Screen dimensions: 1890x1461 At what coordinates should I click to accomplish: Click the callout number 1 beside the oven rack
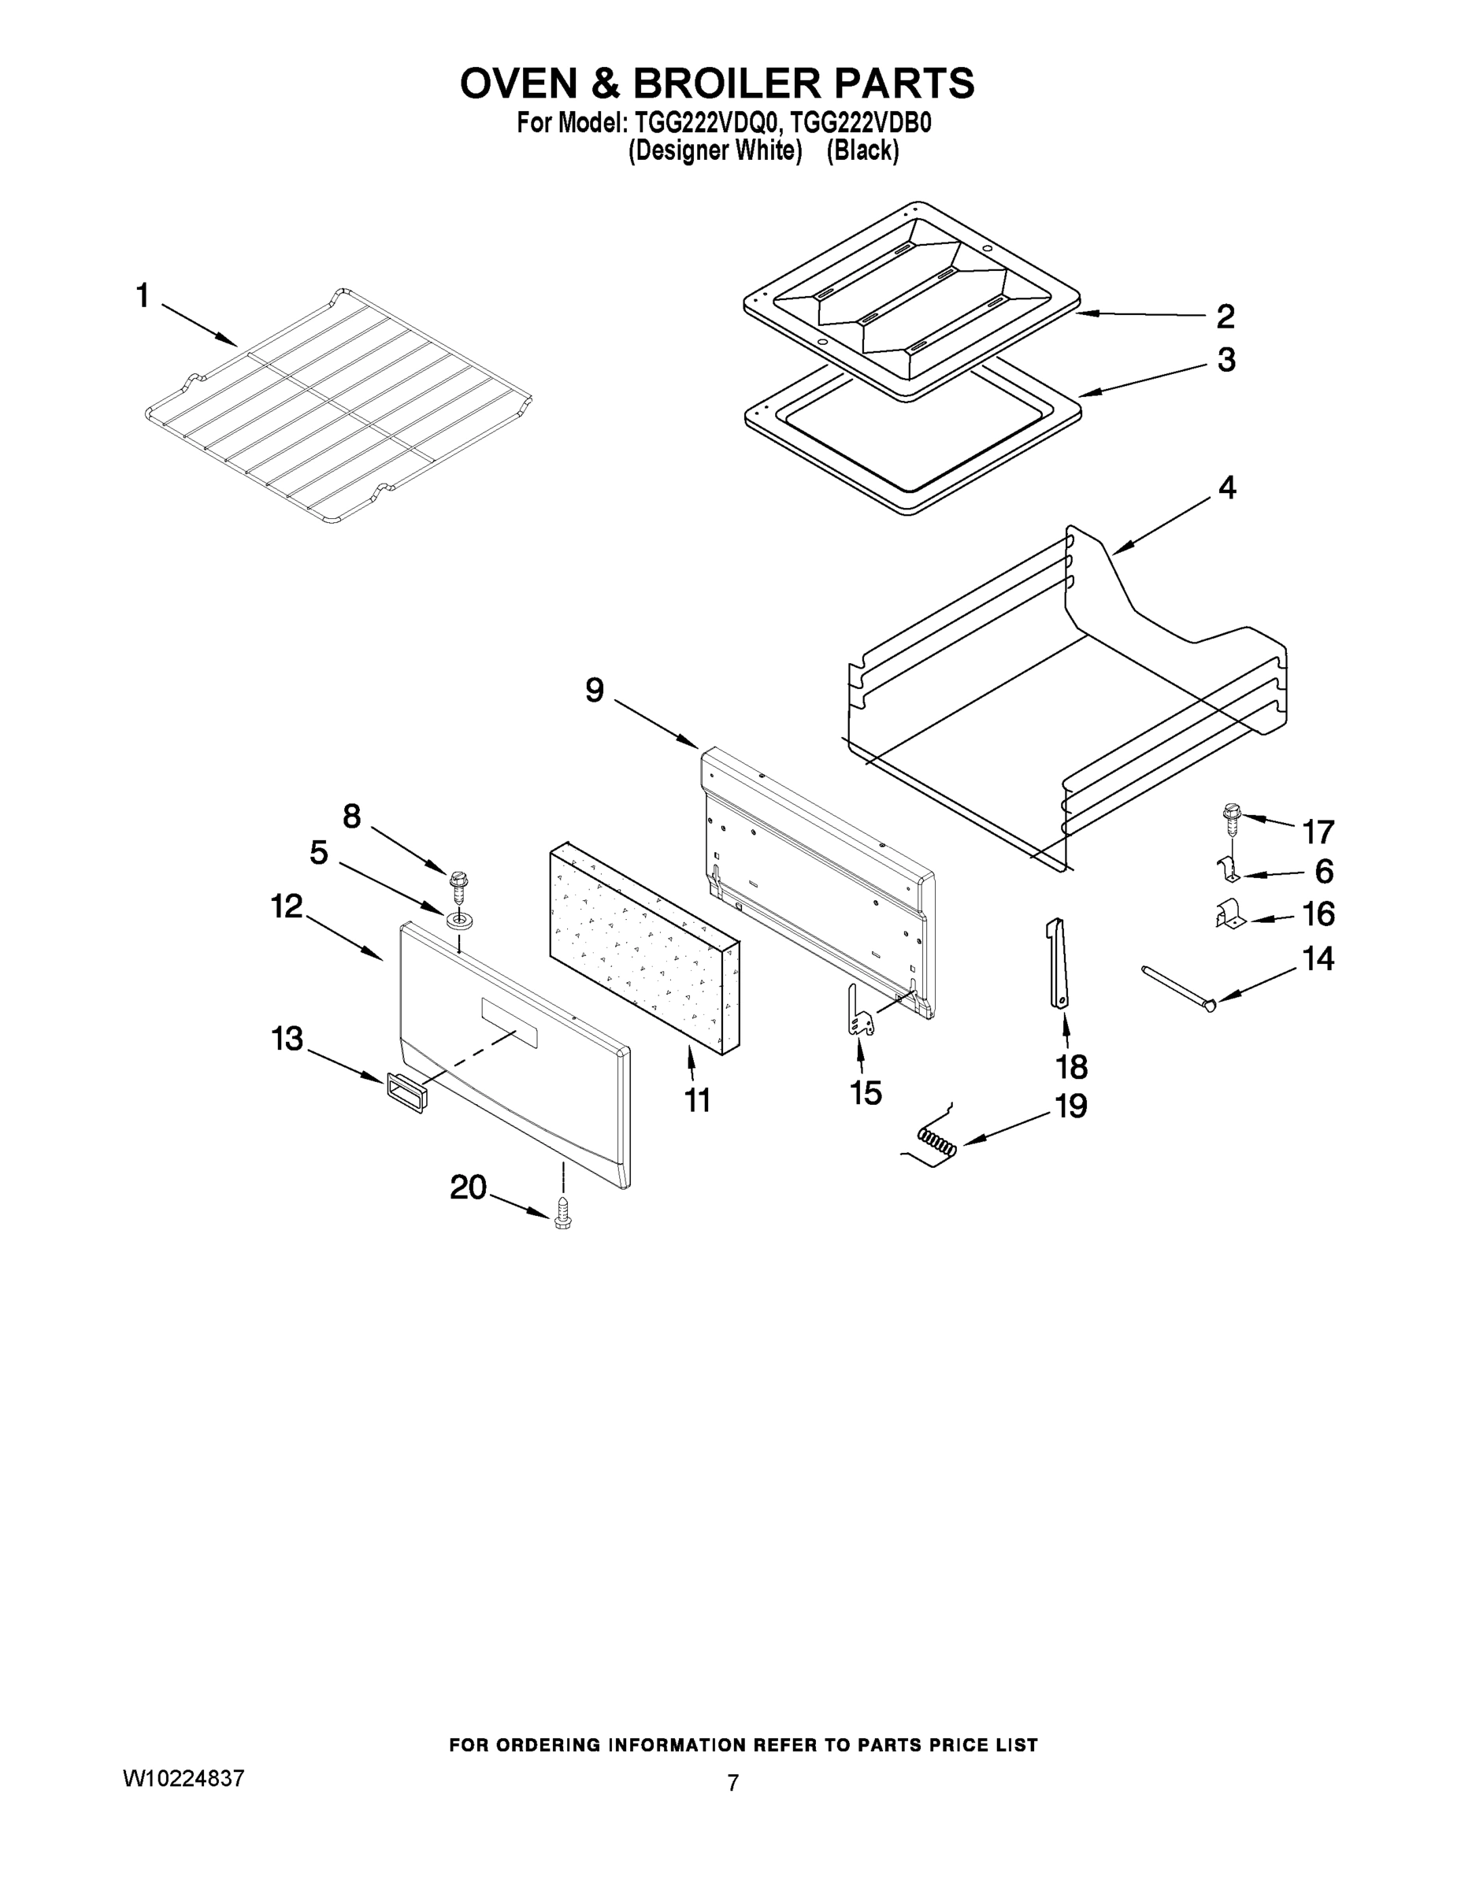pos(143,297)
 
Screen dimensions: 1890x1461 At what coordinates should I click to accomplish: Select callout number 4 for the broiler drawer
pos(1226,488)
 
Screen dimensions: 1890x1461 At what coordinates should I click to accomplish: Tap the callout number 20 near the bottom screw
pos(469,1188)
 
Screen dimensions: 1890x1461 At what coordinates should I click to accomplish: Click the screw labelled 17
pos(1231,817)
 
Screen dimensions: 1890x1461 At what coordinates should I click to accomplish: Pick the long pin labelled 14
pos(1178,986)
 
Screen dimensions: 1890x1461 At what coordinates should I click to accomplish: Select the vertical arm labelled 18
pos(1058,962)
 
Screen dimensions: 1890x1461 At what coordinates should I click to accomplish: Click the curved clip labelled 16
pos(1227,917)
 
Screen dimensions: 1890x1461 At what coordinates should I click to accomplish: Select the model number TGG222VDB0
pos(860,123)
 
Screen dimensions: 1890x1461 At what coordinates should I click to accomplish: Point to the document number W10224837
pos(184,1778)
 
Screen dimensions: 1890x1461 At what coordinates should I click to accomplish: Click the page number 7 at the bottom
pos(732,1783)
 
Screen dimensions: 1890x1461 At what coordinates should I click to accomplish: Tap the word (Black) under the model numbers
pos(862,150)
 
